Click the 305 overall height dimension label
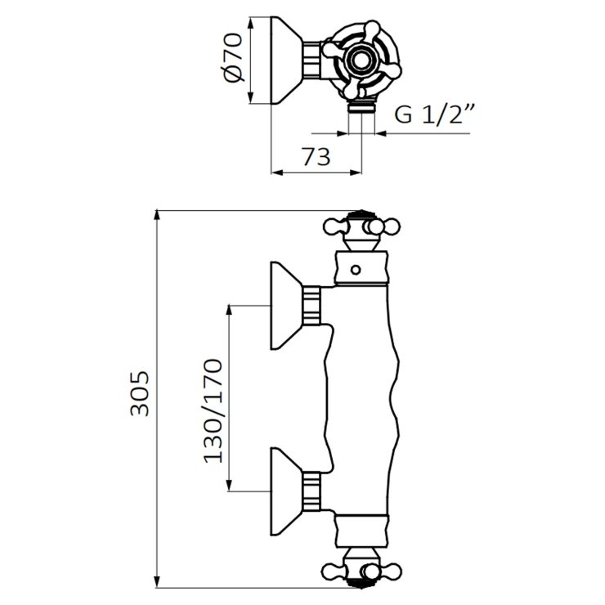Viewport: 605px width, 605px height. coord(140,394)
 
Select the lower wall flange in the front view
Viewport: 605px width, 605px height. coord(286,492)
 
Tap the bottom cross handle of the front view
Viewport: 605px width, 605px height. coord(358,570)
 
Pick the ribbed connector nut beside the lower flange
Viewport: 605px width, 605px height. coord(312,492)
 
